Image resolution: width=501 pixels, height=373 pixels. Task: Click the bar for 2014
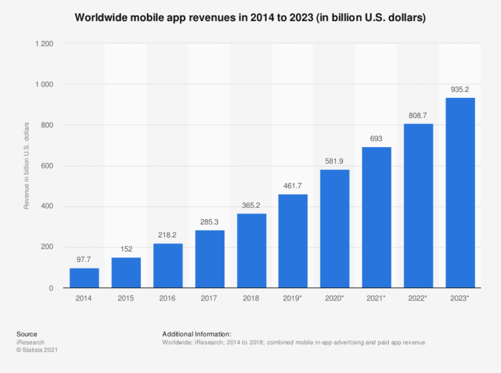pos(84,278)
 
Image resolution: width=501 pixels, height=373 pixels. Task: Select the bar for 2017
pos(209,259)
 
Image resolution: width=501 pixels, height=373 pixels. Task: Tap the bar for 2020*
pos(335,229)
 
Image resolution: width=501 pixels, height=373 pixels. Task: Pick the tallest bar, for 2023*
pos(460,193)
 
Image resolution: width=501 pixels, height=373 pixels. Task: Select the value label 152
pos(126,250)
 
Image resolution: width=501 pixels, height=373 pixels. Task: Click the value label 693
pos(376,139)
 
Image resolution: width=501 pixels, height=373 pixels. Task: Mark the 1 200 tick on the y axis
pos(44,44)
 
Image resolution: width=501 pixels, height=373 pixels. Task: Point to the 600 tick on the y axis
pos(48,166)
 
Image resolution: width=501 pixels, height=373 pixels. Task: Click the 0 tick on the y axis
pos(51,288)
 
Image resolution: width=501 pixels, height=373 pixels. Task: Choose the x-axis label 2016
pos(168,298)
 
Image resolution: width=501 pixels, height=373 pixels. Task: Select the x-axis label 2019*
pos(293,298)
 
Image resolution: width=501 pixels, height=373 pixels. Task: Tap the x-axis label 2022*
pos(418,298)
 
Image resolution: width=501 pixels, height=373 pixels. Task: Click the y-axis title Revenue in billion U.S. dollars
pos(27,166)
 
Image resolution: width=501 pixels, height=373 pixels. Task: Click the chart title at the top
pos(250,18)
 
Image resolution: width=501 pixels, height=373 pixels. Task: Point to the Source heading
pos(27,334)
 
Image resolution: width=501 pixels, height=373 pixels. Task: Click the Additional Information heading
pos(197,334)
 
